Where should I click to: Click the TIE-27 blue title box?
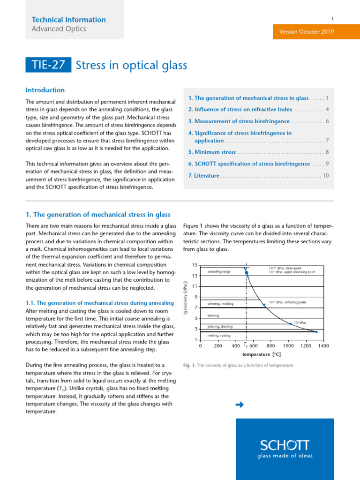[49, 65]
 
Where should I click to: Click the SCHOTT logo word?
[285, 445]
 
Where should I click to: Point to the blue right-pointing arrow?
[240, 405]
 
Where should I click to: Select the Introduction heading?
[45, 90]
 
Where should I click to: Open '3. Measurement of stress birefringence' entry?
[239, 121]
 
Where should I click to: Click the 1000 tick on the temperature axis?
[288, 346]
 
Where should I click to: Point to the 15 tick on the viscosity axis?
[195, 265]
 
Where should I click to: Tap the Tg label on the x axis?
[246, 345]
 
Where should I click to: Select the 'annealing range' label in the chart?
[218, 272]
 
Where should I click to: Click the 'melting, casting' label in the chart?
[218, 336]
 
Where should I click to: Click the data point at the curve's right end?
[316, 332]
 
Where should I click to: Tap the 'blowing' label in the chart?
[213, 315]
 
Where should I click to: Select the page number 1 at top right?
[332, 19]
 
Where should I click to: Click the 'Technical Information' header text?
[68, 20]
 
